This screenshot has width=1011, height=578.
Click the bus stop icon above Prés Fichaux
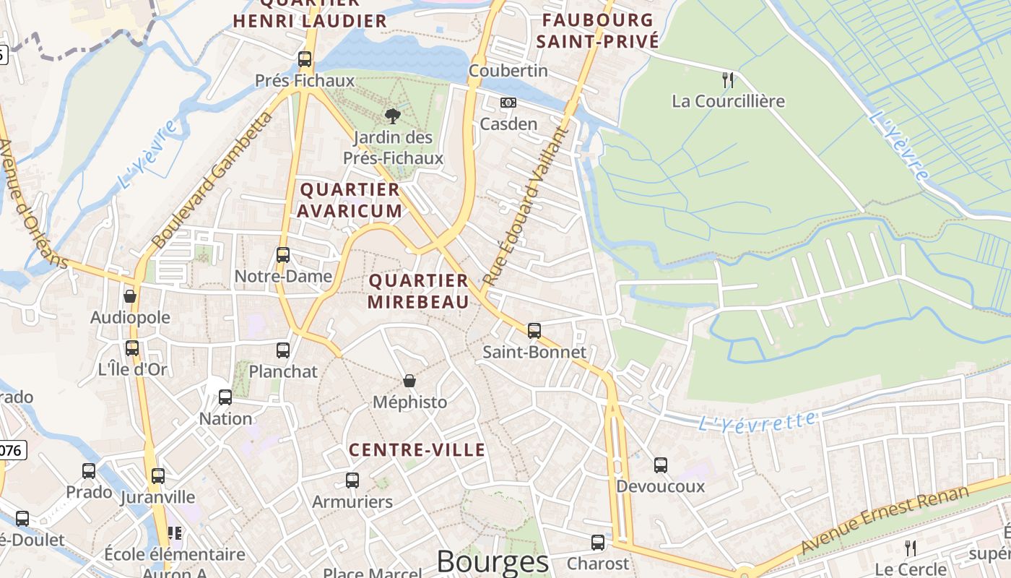(305, 59)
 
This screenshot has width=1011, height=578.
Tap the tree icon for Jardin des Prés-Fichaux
(393, 116)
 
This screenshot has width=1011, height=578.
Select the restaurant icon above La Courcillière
(728, 79)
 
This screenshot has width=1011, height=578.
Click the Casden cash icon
(508, 103)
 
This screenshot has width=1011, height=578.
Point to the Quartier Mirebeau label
(418, 291)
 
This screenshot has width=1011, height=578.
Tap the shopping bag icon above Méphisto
(409, 381)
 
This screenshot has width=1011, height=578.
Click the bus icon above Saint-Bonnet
(534, 331)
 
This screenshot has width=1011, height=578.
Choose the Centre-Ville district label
(417, 450)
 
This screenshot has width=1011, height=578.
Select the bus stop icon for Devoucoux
(661, 465)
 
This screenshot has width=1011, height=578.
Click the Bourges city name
(493, 562)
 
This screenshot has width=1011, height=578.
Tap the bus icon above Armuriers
(352, 480)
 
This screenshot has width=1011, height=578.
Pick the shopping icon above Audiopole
(130, 296)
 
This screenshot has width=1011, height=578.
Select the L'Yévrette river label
(758, 421)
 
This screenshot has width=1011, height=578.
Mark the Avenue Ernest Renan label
(885, 520)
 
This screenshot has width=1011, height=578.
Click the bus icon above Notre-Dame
(283, 255)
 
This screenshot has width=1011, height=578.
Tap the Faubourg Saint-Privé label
(597, 30)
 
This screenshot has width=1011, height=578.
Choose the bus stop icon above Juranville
(158, 476)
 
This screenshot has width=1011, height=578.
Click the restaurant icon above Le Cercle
(910, 548)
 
